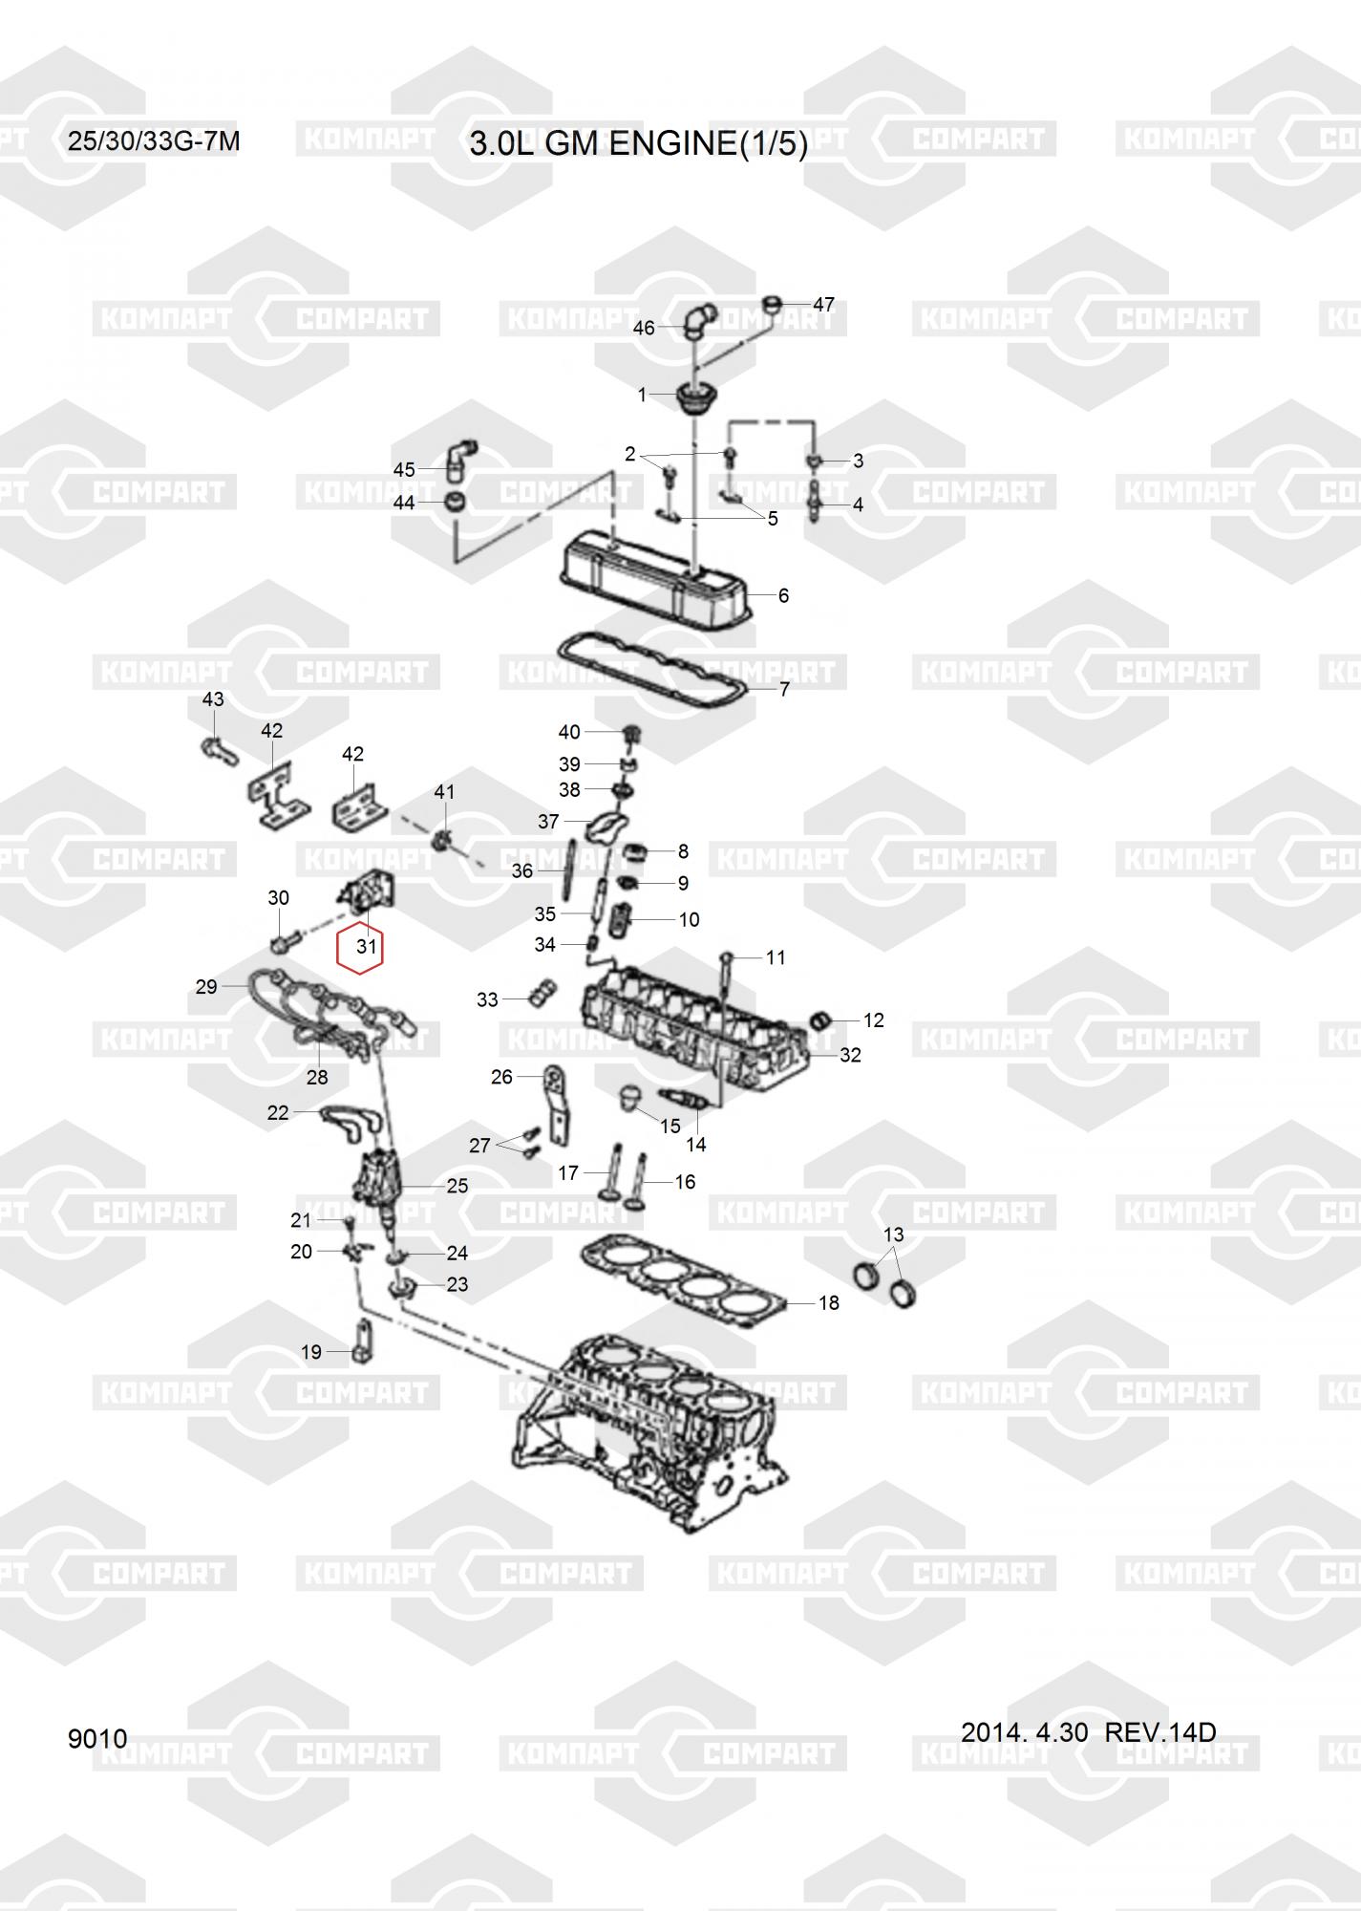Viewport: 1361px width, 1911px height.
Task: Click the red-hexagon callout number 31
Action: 366,948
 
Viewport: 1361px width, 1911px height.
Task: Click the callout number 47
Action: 823,304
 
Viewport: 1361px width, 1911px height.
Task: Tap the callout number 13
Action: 893,1235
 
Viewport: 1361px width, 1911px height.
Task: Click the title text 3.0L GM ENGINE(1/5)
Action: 639,143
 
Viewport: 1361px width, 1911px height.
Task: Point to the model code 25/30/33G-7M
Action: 154,141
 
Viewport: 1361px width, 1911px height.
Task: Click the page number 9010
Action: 97,1738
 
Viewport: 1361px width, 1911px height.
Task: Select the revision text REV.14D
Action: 1159,1731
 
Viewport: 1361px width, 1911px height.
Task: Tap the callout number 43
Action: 213,699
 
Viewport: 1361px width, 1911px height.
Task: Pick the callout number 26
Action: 501,1077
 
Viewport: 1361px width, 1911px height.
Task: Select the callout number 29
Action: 206,986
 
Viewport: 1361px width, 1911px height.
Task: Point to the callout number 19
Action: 311,1352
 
